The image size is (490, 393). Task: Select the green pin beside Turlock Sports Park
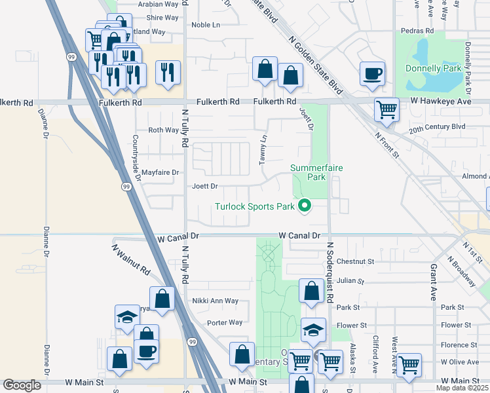pyautogui.click(x=304, y=207)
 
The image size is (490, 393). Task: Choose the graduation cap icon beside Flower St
pyautogui.click(x=314, y=329)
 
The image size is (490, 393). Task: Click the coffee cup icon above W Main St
pyautogui.click(x=146, y=350)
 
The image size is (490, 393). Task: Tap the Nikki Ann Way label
pyautogui.click(x=216, y=301)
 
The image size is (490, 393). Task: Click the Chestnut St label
pyautogui.click(x=355, y=261)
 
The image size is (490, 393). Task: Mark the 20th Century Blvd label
pyautogui.click(x=437, y=126)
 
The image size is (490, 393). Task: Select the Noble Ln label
pyautogui.click(x=206, y=25)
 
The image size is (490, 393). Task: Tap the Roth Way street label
pyautogui.click(x=163, y=130)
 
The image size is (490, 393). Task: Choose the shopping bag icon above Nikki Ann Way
pyautogui.click(x=162, y=298)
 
